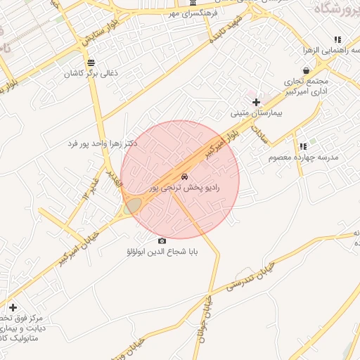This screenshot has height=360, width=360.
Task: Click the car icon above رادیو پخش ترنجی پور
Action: [184, 176]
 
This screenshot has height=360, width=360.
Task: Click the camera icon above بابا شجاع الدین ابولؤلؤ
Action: [162, 240]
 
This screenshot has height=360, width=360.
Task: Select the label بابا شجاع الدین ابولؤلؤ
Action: [162, 251]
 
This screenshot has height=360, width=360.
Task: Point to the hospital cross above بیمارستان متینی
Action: [256, 103]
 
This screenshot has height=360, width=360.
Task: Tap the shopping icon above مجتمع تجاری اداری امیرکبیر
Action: [306, 70]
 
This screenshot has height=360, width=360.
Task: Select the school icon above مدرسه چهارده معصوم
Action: [303, 147]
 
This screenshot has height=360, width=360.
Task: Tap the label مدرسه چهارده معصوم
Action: [304, 157]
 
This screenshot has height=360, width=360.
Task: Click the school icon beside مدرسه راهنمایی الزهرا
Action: [337, 40]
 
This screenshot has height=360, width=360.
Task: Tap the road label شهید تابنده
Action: [227, 32]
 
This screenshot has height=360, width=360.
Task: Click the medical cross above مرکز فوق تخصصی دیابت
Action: [13, 307]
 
